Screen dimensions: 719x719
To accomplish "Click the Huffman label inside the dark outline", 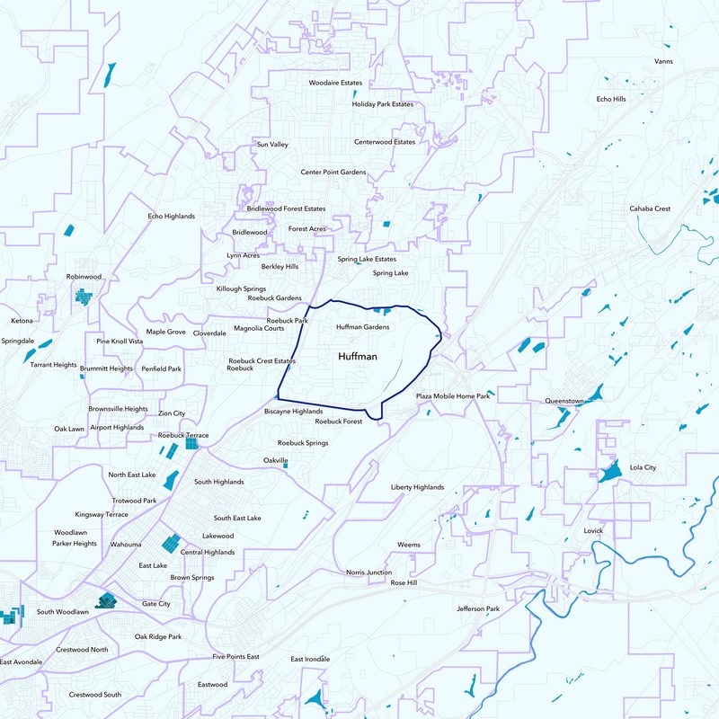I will [x=358, y=358].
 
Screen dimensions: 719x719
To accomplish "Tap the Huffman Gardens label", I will [x=362, y=327].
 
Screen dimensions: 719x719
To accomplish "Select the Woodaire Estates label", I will [x=335, y=83].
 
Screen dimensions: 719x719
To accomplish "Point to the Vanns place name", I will [x=663, y=61].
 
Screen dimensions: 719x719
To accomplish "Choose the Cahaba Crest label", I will [x=650, y=209].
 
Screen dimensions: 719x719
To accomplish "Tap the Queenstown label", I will [x=564, y=401].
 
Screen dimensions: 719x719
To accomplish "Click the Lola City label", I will [x=643, y=467].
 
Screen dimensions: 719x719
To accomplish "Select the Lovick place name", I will [x=593, y=530].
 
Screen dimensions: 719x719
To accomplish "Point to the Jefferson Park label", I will [x=477, y=608].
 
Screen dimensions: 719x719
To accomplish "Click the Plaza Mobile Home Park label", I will [x=453, y=396].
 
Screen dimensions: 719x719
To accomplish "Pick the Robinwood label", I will [x=84, y=277].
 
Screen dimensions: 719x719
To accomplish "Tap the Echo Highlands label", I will [x=171, y=216].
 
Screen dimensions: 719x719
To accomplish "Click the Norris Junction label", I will [x=368, y=573].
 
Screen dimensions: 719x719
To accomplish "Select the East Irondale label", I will [x=310, y=659].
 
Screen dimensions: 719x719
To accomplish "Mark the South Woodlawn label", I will [x=63, y=612].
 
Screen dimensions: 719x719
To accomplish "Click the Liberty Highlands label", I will [x=417, y=487].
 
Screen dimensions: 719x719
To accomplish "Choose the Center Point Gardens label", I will [x=333, y=172].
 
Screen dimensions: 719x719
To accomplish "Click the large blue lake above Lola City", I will [x=610, y=472].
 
